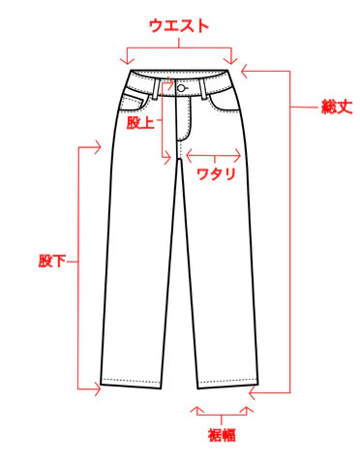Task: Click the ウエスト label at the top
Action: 179,25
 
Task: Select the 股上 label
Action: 141,122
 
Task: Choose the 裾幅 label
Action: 223,435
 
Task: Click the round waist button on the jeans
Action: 181,88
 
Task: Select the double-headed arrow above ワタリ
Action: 214,152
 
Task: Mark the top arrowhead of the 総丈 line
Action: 246,69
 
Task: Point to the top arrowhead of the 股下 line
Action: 98,147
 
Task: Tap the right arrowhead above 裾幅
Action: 249,411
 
